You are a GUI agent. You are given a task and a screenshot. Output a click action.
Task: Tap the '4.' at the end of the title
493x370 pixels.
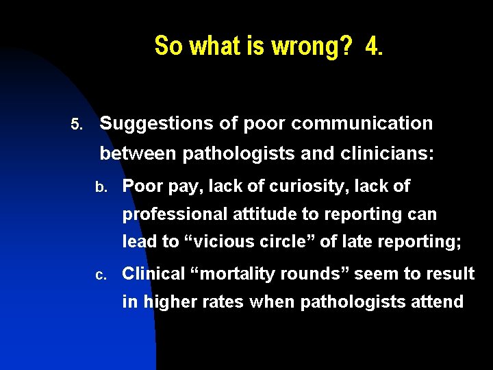coord(375,47)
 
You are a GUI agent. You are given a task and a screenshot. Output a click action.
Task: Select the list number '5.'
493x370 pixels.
coord(77,125)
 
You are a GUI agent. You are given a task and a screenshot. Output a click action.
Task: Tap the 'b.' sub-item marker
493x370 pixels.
coord(101,186)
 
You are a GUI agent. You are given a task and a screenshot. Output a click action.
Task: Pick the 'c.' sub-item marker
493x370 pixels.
coord(101,275)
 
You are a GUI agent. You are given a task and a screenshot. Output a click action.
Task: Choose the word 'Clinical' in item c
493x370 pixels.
coord(153,274)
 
